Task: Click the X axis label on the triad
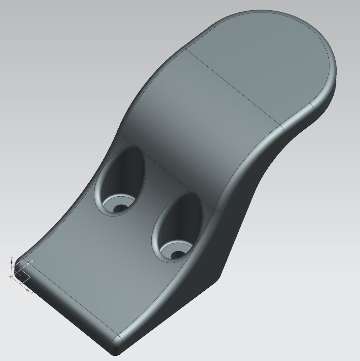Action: (32, 261)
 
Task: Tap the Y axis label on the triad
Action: (12, 257)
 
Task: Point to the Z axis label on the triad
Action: (32, 294)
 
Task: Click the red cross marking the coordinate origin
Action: (11, 277)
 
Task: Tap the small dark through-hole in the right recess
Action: (178, 254)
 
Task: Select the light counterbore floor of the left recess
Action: (110, 206)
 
